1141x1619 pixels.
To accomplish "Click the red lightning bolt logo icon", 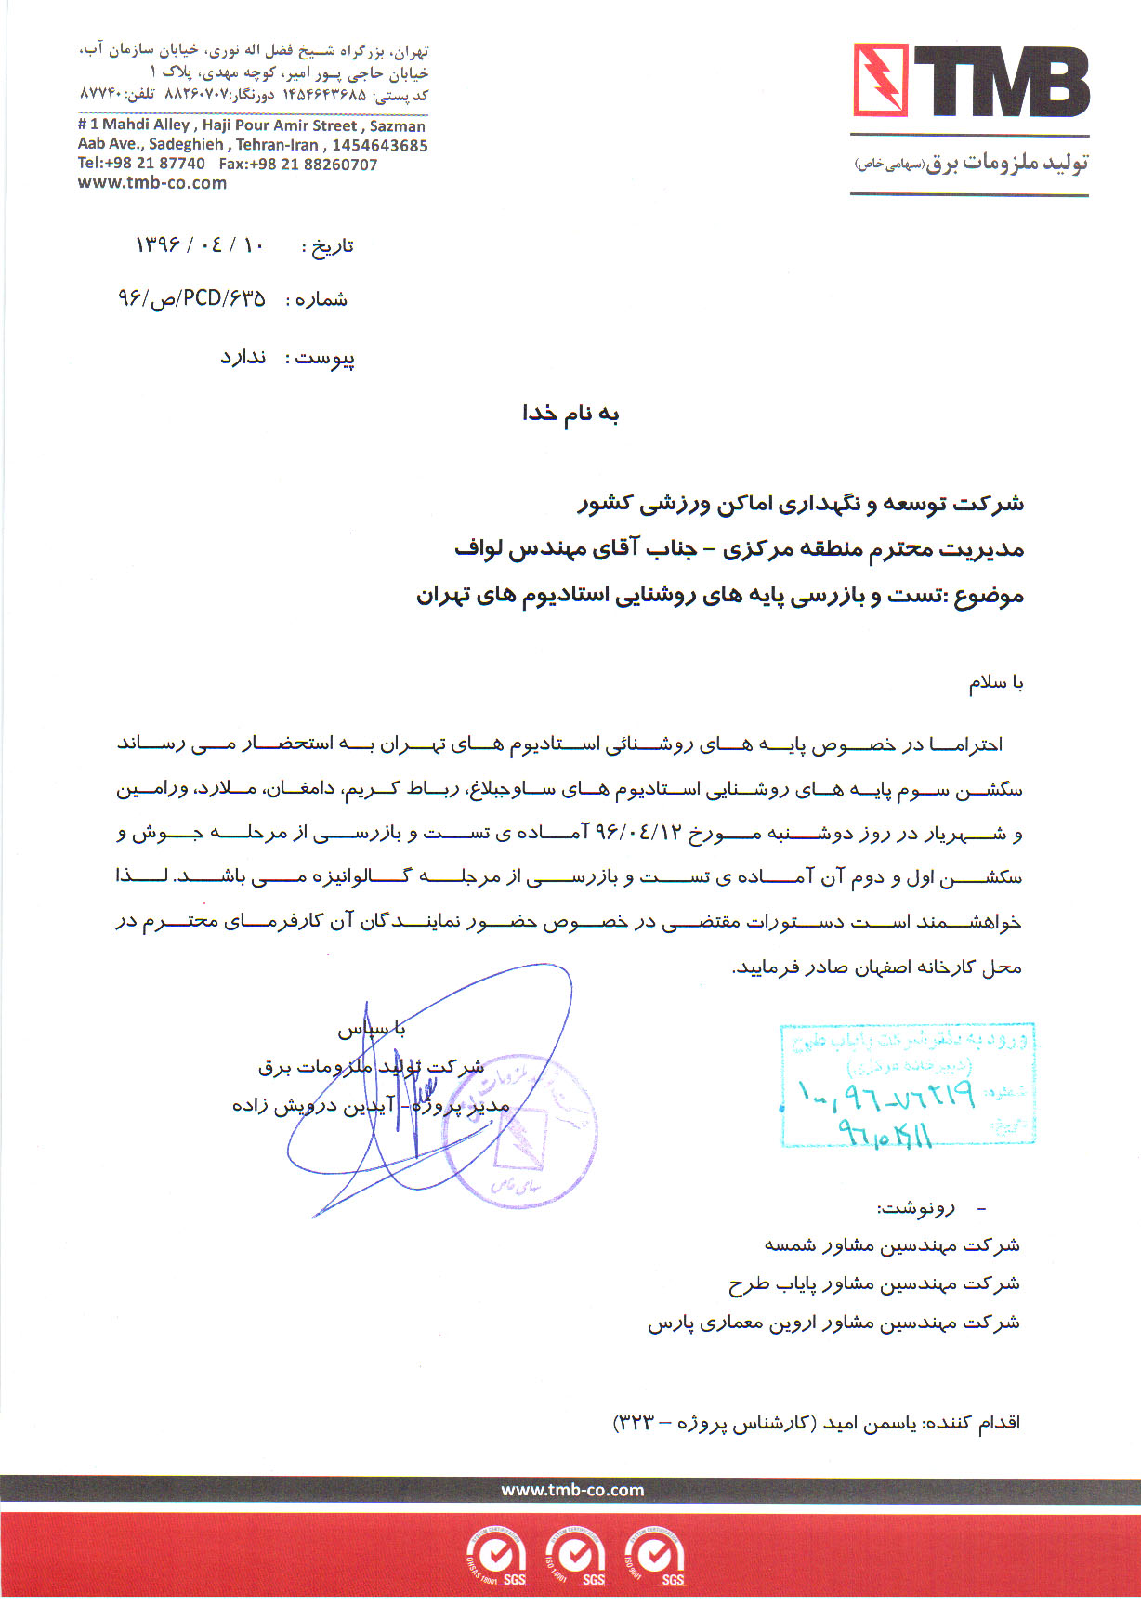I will [x=880, y=80].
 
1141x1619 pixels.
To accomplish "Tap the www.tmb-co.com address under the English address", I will [x=152, y=183].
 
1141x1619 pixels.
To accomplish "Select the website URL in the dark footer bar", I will [x=572, y=1490].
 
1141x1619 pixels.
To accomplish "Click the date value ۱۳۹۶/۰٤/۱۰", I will [x=201, y=245].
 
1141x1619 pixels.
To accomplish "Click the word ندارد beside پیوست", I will [x=243, y=358].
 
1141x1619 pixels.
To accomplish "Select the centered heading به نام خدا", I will [x=570, y=414].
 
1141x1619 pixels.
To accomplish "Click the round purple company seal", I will [x=530, y=1130].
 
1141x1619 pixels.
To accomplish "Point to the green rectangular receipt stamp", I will [x=907, y=1084].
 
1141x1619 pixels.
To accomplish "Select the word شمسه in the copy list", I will [x=790, y=1244].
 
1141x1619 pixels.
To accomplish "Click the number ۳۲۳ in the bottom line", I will [x=636, y=1423].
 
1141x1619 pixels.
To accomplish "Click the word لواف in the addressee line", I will [x=479, y=549].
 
